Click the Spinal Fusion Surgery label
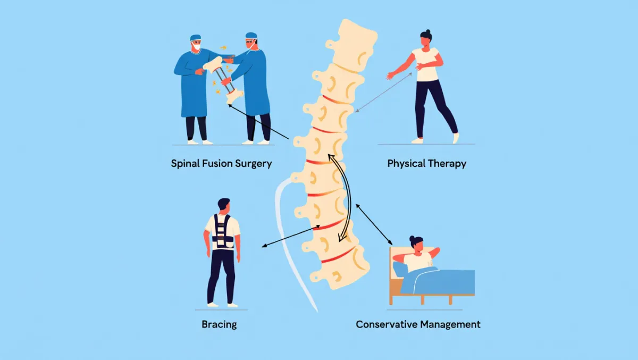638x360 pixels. [221, 163]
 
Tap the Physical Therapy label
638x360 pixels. [426, 163]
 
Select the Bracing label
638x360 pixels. [219, 324]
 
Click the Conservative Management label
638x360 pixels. [418, 324]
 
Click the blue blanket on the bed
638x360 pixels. [441, 282]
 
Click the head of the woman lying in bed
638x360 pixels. [416, 245]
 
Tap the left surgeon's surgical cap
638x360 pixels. [196, 38]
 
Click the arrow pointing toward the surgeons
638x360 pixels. [258, 122]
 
